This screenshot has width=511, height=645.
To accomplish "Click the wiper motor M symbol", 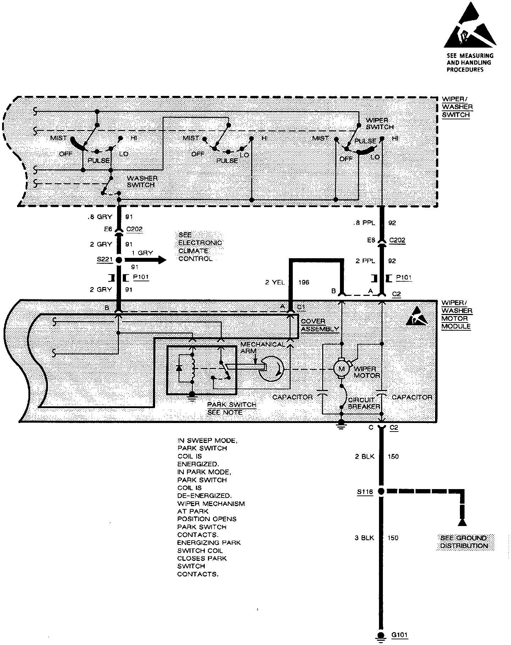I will pos(341,369).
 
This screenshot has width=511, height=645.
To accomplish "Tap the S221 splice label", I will pos(105,260).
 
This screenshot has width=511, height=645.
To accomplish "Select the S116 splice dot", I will pos(381,492).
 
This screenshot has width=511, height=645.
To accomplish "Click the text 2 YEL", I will pos(275,282).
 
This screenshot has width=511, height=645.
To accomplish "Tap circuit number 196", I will pos(304,282).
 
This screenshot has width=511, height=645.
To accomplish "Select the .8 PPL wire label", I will pos(364,223).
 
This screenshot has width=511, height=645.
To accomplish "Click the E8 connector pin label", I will pos(371,240).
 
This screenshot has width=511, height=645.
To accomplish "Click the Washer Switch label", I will pos(142,181).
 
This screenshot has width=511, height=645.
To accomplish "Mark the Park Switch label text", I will pos(231,405).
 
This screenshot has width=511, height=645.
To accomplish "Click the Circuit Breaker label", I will pos(364,403).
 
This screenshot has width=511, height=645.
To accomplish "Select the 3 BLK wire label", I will pos(364,538).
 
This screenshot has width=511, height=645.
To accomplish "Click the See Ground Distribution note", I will pos(464,542).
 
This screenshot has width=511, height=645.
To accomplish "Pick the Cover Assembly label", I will pos(319,325).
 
